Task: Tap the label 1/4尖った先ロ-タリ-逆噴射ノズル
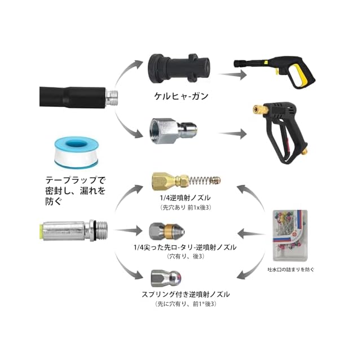pyautogui.click(x=177, y=247)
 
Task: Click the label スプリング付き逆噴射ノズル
pyautogui.click(x=178, y=294)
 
